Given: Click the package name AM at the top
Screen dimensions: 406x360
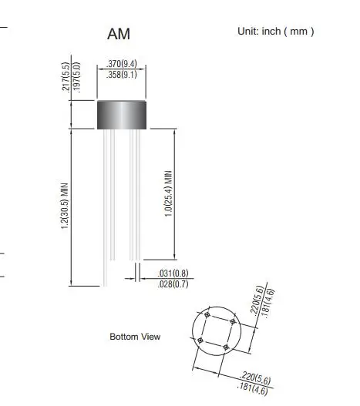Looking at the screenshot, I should (x=120, y=35).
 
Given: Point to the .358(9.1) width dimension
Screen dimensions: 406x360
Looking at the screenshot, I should (x=120, y=76).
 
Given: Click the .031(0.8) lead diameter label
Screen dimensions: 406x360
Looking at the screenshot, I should (x=173, y=274).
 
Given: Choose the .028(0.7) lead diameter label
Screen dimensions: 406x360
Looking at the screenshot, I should (x=173, y=285).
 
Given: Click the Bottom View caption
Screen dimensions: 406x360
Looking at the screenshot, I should (x=134, y=337).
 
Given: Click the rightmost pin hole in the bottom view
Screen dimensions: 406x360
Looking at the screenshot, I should (x=234, y=322).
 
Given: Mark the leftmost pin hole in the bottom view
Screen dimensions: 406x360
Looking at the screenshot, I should (x=200, y=340).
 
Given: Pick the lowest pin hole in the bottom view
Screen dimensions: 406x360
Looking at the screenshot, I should (x=226, y=347).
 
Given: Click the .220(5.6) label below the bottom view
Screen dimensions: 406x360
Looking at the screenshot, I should (x=257, y=378).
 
